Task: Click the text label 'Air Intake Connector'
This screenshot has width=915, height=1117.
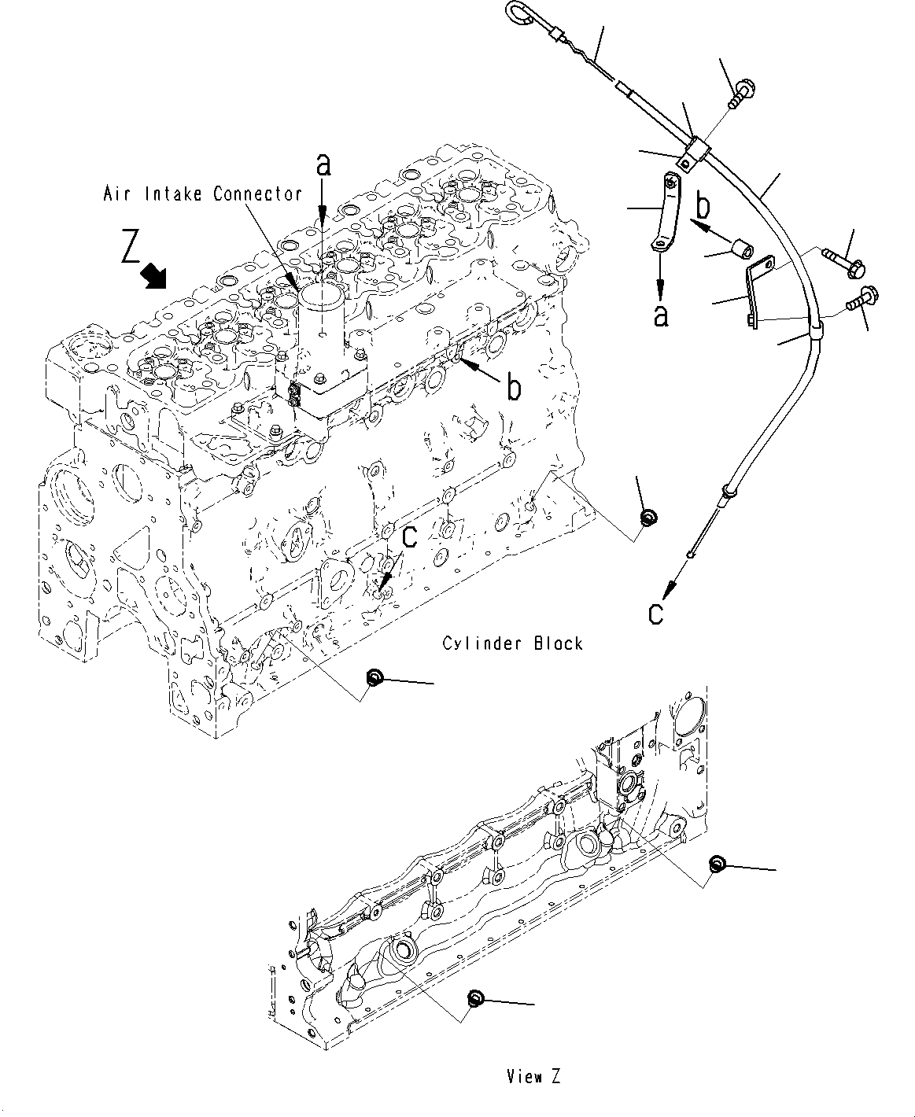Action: coord(202,194)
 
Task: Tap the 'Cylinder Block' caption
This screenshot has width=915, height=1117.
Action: coord(512,643)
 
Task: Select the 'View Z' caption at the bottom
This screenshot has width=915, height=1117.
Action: coord(533,1077)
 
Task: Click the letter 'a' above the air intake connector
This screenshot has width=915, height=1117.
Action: coord(323,166)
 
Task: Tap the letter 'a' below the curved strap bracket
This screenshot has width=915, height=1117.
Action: coord(661,315)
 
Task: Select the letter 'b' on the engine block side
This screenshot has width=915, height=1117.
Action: coord(514,389)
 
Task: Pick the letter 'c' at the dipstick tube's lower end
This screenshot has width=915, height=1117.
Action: coord(655,612)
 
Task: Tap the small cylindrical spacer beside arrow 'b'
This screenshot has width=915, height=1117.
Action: coord(741,249)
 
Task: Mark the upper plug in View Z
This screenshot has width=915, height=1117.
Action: coord(716,864)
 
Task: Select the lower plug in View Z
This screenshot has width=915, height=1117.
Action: coord(474,998)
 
